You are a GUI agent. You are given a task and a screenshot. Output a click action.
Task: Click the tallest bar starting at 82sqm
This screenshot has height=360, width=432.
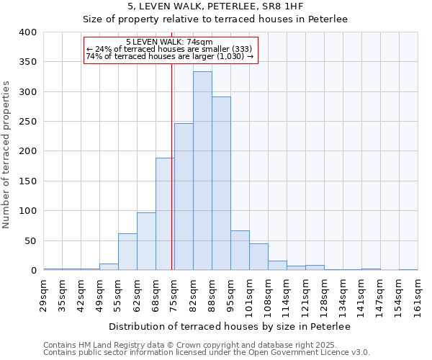tap(202, 171)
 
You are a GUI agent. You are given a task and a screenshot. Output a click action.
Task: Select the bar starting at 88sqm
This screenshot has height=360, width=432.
tap(221, 184)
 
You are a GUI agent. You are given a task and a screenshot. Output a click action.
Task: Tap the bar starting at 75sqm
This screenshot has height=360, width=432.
tap(184, 197)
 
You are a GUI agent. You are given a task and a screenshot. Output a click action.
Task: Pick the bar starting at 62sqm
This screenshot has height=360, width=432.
tap(146, 241)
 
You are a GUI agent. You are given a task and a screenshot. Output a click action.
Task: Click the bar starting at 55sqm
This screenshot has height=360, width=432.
tap(127, 251)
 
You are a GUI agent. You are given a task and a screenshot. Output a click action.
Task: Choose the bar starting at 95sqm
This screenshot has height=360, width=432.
tap(240, 250)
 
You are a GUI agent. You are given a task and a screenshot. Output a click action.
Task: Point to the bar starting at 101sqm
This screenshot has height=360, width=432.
tap(258, 256)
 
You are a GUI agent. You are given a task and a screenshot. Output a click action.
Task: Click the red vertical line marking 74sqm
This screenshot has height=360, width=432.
tap(172, 180)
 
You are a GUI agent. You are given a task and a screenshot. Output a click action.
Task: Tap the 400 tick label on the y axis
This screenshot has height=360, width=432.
tap(27, 32)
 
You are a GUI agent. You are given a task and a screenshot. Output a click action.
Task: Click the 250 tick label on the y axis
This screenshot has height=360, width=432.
tap(27, 122)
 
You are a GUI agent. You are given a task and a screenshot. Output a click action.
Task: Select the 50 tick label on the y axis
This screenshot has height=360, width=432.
tap(30, 240)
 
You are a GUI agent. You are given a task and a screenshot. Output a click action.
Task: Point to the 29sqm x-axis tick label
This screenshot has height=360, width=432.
tap(44, 292)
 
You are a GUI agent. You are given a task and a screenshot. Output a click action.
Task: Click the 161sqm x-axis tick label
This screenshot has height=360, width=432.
tap(418, 294)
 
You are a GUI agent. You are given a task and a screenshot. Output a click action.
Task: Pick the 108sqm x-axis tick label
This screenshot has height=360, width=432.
tap(269, 294)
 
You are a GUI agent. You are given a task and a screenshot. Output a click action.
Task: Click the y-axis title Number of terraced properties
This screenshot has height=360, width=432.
tap(6, 153)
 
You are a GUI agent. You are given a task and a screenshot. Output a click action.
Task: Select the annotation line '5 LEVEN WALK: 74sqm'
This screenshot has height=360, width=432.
tap(170, 42)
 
